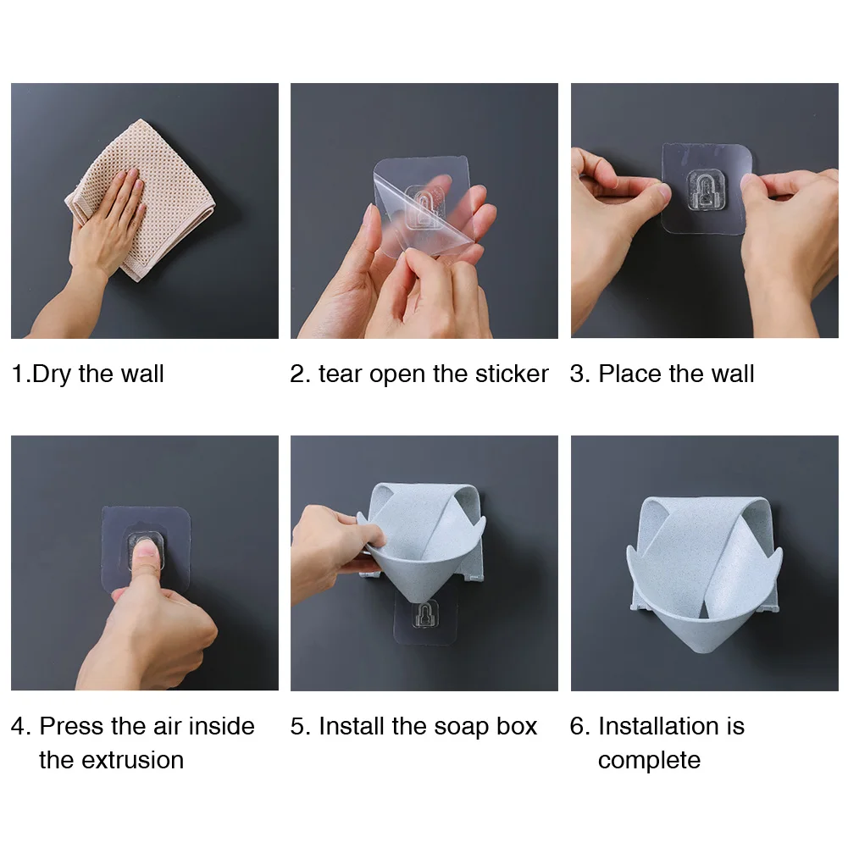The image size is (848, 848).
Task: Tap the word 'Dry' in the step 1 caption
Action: pyautogui.click(x=52, y=374)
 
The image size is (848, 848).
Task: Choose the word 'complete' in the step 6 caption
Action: pyautogui.click(x=649, y=762)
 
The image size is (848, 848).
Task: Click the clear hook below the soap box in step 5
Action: pyautogui.click(x=425, y=615)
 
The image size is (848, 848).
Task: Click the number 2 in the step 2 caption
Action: pyautogui.click(x=297, y=374)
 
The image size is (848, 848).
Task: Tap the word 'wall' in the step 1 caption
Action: pyautogui.click(x=142, y=374)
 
